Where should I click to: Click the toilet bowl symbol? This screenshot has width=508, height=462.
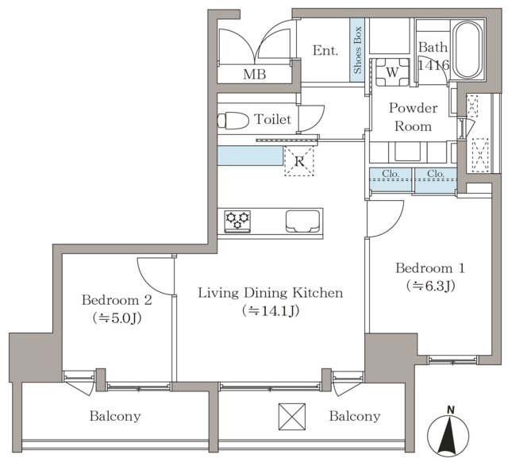tap(233, 120)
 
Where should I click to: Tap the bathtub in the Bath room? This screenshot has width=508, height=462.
tap(467, 49)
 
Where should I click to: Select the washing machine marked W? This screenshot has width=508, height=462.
tap(392, 72)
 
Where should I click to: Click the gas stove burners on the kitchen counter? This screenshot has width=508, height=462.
tap(237, 221)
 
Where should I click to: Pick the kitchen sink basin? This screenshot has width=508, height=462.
tap(302, 221)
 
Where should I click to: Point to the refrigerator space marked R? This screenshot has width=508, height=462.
tap(299, 161)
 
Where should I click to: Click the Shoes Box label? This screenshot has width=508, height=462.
tap(357, 50)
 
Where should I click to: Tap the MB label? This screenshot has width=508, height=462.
tap(255, 75)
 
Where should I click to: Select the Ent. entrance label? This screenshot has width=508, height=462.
tap(325, 51)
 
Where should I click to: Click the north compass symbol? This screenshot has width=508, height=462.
tap(448, 433)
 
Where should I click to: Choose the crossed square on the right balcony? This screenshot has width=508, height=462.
tap(292, 417)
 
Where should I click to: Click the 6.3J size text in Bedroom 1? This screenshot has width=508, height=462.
tap(431, 286)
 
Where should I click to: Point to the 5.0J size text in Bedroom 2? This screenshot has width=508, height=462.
tap(117, 318)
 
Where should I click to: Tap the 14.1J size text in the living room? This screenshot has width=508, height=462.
tap(271, 310)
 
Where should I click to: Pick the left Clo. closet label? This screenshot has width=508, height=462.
tap(391, 174)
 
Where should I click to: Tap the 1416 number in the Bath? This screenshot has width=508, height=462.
tap(433, 65)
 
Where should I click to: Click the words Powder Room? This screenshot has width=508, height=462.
tap(414, 117)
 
